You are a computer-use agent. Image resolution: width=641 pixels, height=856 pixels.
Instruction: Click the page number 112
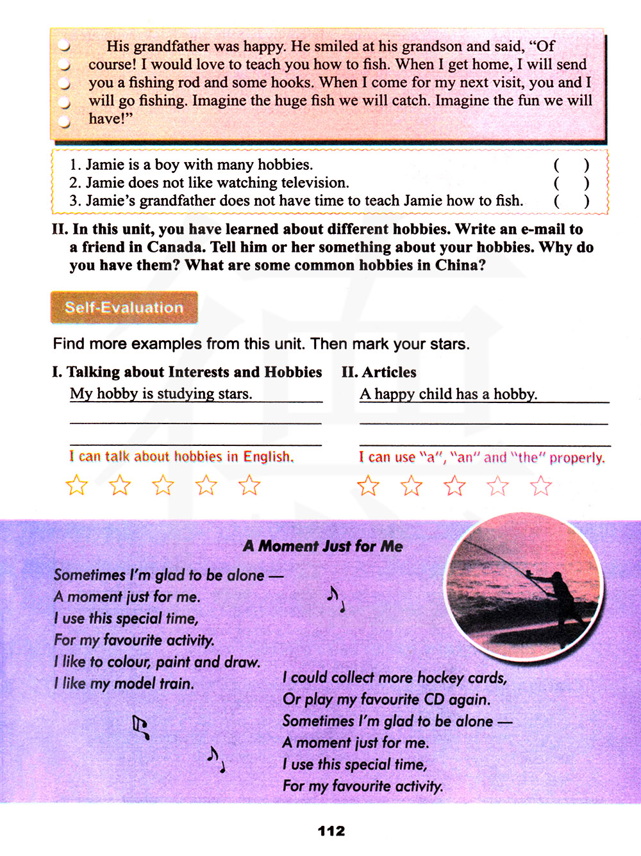331,831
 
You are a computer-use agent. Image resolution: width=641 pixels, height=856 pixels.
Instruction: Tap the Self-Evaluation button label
124,308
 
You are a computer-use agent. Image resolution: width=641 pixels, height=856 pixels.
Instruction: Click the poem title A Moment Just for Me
323,546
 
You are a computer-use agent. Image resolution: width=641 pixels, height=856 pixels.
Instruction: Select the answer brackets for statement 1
571,165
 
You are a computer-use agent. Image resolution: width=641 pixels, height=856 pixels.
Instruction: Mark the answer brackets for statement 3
571,201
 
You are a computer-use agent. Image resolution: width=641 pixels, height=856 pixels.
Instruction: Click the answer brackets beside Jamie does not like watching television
571,183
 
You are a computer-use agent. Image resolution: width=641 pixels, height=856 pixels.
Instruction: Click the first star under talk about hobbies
77,485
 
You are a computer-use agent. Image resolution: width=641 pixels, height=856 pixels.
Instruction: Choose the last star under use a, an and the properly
541,486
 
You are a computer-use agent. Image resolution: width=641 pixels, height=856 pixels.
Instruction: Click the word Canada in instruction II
176,247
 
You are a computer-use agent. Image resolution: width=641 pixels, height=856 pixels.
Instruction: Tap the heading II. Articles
379,372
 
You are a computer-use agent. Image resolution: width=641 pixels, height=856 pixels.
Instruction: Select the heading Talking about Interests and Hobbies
187,372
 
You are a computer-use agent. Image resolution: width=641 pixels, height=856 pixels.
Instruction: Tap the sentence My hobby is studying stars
161,393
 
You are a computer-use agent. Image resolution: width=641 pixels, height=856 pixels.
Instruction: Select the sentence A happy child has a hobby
449,394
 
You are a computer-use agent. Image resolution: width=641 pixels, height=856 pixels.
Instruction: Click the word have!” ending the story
110,119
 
